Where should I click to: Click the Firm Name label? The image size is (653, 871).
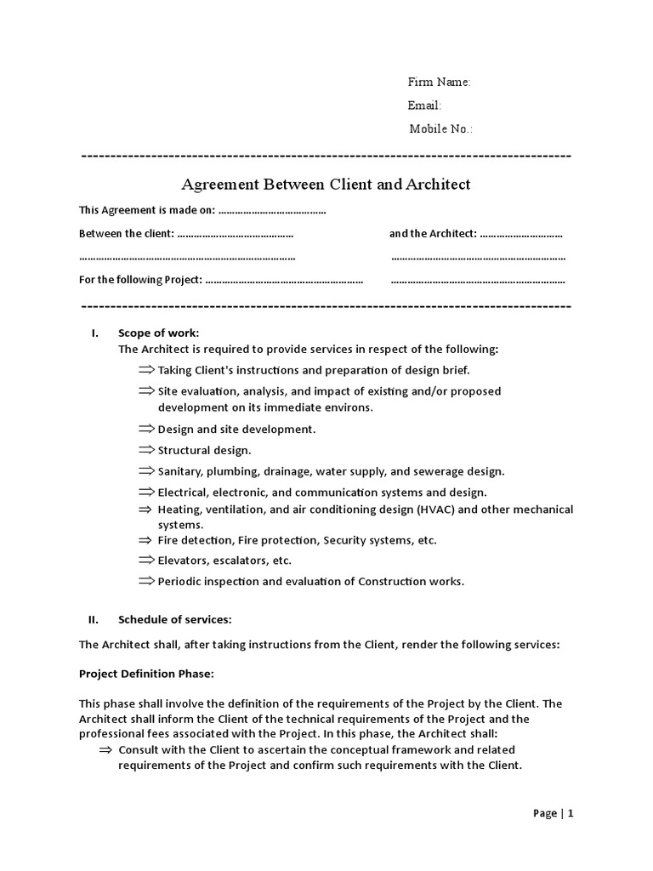[439, 83]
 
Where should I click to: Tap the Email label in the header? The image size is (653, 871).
[424, 105]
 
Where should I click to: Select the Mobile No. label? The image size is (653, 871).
[440, 129]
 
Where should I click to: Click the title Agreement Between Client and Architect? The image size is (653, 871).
[326, 185]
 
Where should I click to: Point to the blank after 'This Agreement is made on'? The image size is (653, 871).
[272, 211]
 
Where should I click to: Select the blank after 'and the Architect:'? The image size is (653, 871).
[521, 234]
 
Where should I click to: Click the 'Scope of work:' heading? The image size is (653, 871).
[158, 333]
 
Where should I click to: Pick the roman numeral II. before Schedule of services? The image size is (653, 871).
[94, 619]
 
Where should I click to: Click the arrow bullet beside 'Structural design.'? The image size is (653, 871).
[146, 449]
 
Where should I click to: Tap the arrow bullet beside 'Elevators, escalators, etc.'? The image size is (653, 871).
[146, 560]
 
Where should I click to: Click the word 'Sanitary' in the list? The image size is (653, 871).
[179, 471]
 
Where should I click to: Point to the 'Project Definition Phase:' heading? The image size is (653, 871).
[146, 674]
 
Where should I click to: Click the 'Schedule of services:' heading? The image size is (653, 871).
[174, 619]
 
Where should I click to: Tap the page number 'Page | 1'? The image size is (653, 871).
[554, 813]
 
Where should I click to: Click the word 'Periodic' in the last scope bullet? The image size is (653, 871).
[179, 582]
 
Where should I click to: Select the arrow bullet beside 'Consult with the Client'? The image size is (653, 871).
[106, 749]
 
